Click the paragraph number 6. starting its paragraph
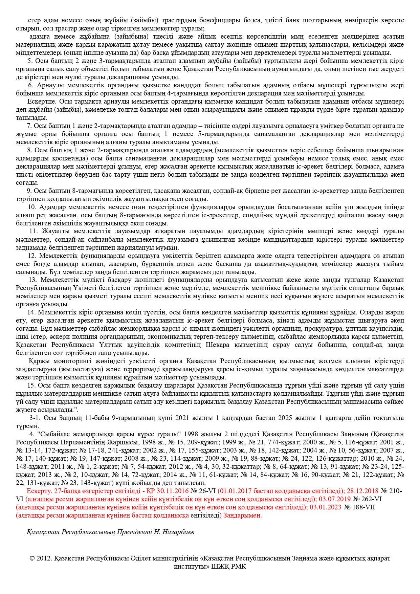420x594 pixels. pyautogui.click(x=31, y=85)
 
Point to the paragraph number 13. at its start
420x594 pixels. pyautogui.click(x=32, y=280)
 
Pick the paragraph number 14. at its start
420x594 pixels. pyautogui.click(x=31, y=312)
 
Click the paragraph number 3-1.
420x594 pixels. pyautogui.click(x=35, y=418)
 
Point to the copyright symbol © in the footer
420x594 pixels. pyautogui.click(x=32, y=558)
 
